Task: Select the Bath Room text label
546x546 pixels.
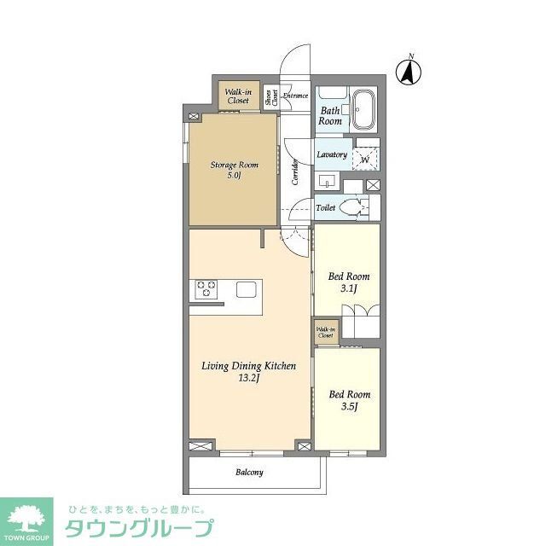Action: [x=330, y=115]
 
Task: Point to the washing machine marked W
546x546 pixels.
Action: [x=365, y=157]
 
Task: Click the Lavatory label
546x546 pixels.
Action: [x=331, y=154]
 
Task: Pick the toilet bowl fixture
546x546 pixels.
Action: [x=352, y=207]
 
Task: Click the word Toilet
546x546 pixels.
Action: [x=325, y=207]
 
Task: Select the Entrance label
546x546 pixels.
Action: [x=295, y=96]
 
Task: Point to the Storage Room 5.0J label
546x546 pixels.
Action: [x=234, y=170]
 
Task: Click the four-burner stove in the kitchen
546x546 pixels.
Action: [x=206, y=289]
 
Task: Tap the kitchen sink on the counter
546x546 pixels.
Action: [x=247, y=289]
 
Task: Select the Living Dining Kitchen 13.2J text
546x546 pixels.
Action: [x=248, y=372]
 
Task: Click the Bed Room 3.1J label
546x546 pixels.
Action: [x=349, y=282]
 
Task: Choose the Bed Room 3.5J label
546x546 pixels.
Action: [x=349, y=399]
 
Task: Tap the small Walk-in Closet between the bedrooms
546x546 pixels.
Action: [x=326, y=333]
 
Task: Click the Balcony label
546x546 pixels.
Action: [x=248, y=472]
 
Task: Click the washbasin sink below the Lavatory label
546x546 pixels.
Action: [x=328, y=181]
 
